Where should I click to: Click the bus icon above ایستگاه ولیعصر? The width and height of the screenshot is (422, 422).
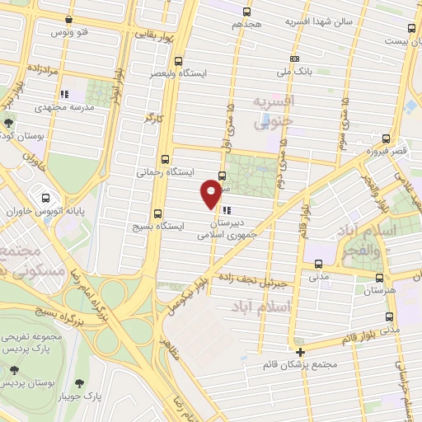point(178,60)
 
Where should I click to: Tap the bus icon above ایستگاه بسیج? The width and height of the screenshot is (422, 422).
point(157,213)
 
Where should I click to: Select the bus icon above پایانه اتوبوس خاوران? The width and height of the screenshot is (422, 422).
point(46,198)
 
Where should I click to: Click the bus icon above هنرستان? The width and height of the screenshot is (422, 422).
point(378,278)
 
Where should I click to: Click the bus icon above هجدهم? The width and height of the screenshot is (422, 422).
point(246,12)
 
